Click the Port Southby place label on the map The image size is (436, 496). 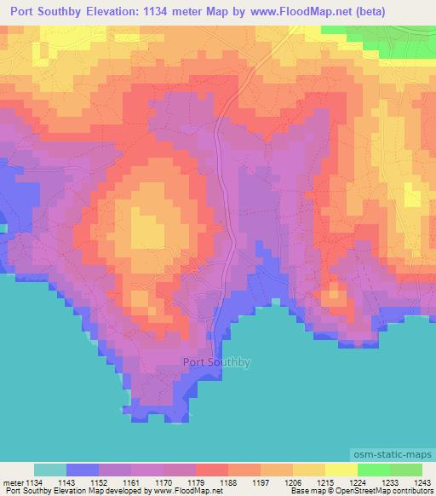coord(217,362)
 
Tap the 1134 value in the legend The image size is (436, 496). coord(32,483)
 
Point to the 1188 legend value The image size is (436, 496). coord(227,483)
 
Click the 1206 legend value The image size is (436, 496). coord(292,483)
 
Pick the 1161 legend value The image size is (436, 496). coord(130,483)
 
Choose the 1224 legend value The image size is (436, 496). coord(358,483)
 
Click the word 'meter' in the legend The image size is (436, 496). coord(11,483)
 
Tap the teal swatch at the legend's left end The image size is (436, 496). coord(50,470)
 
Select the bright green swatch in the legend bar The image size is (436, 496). coord(374,470)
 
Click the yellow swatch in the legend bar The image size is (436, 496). coord(309,470)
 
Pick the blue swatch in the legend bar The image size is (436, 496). coord(83,470)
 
